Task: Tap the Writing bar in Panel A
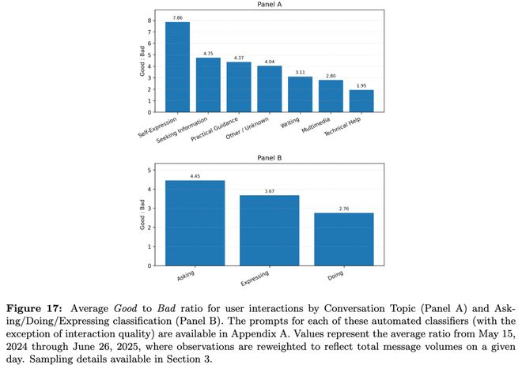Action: click(x=300, y=95)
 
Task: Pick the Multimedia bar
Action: click(x=331, y=96)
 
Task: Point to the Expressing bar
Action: click(x=269, y=230)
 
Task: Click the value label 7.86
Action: click(x=177, y=17)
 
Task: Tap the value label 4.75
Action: click(x=208, y=53)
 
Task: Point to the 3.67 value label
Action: click(x=269, y=190)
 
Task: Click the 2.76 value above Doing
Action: click(x=344, y=208)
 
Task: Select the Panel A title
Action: click(x=269, y=4)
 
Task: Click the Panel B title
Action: click(x=269, y=157)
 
